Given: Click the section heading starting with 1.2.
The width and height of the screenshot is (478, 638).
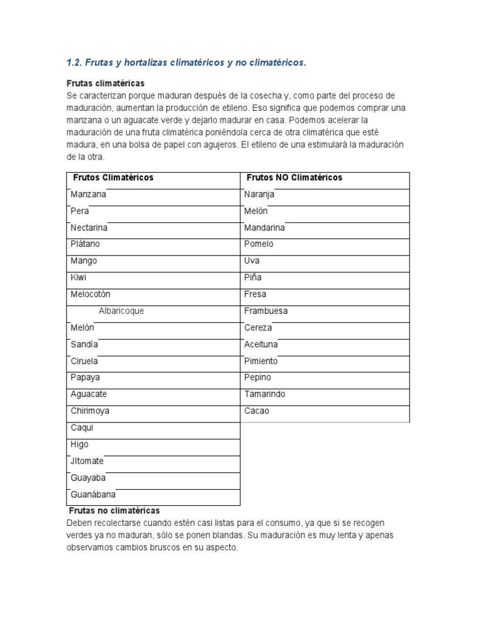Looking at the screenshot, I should tap(186, 63).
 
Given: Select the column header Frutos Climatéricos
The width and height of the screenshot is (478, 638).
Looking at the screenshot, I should tap(113, 178).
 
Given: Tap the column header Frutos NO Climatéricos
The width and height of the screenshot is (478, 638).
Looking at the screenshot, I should tap(294, 178).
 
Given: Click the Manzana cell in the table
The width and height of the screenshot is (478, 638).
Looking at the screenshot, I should tap(88, 194).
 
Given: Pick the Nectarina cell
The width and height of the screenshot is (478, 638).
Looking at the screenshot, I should tap(89, 227).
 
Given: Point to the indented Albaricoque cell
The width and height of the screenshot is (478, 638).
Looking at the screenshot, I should tap(121, 311).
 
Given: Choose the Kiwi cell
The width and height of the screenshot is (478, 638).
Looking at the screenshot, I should tap(78, 277).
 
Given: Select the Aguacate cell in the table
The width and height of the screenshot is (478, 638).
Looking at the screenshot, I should tap(89, 394).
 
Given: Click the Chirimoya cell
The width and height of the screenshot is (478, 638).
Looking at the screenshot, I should tap(90, 411).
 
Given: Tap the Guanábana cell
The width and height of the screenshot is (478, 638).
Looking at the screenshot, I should tap(93, 495).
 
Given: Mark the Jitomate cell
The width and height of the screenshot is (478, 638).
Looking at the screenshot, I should tap(87, 461).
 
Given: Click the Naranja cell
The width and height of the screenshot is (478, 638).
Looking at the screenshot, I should tap(260, 194).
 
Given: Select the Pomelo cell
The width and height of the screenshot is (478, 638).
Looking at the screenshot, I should tap(259, 244).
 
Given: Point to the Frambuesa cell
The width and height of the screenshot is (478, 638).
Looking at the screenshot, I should tap(266, 311).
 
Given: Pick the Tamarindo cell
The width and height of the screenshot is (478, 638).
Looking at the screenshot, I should tap(265, 394).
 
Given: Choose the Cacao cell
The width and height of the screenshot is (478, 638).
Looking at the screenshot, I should tap(257, 411).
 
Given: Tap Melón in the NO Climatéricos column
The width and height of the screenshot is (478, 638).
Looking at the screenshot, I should tap(256, 211).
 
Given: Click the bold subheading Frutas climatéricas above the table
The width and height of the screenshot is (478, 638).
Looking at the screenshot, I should tap(106, 83).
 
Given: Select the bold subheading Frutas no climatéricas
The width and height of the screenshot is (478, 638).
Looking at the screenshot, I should tap(113, 510).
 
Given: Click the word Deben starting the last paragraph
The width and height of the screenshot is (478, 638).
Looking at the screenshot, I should tap(80, 523).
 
